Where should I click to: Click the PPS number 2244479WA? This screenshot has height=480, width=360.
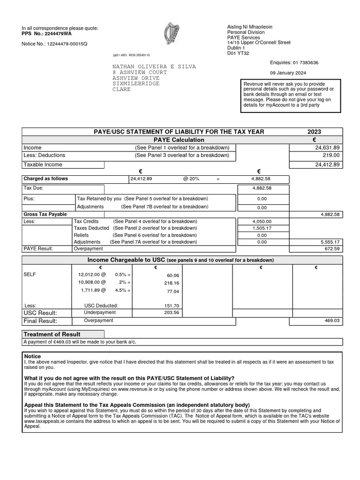click(59, 34)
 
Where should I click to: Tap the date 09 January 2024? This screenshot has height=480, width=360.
click(288, 73)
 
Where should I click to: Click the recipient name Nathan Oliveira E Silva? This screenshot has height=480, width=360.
click(154, 67)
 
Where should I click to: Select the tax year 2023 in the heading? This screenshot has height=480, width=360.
click(315, 132)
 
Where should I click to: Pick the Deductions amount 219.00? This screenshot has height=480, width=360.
click(331, 155)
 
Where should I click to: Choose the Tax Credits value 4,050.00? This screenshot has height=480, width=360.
click(262, 221)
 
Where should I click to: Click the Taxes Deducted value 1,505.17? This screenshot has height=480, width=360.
click(262, 228)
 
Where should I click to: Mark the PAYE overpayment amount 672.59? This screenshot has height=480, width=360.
click(331, 249)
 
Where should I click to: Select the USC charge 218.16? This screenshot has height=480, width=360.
click(171, 284)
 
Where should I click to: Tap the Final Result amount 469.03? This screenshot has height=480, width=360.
click(331, 321)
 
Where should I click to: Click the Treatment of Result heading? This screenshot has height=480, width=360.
click(52, 334)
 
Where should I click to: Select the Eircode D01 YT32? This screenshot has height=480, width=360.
click(238, 53)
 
